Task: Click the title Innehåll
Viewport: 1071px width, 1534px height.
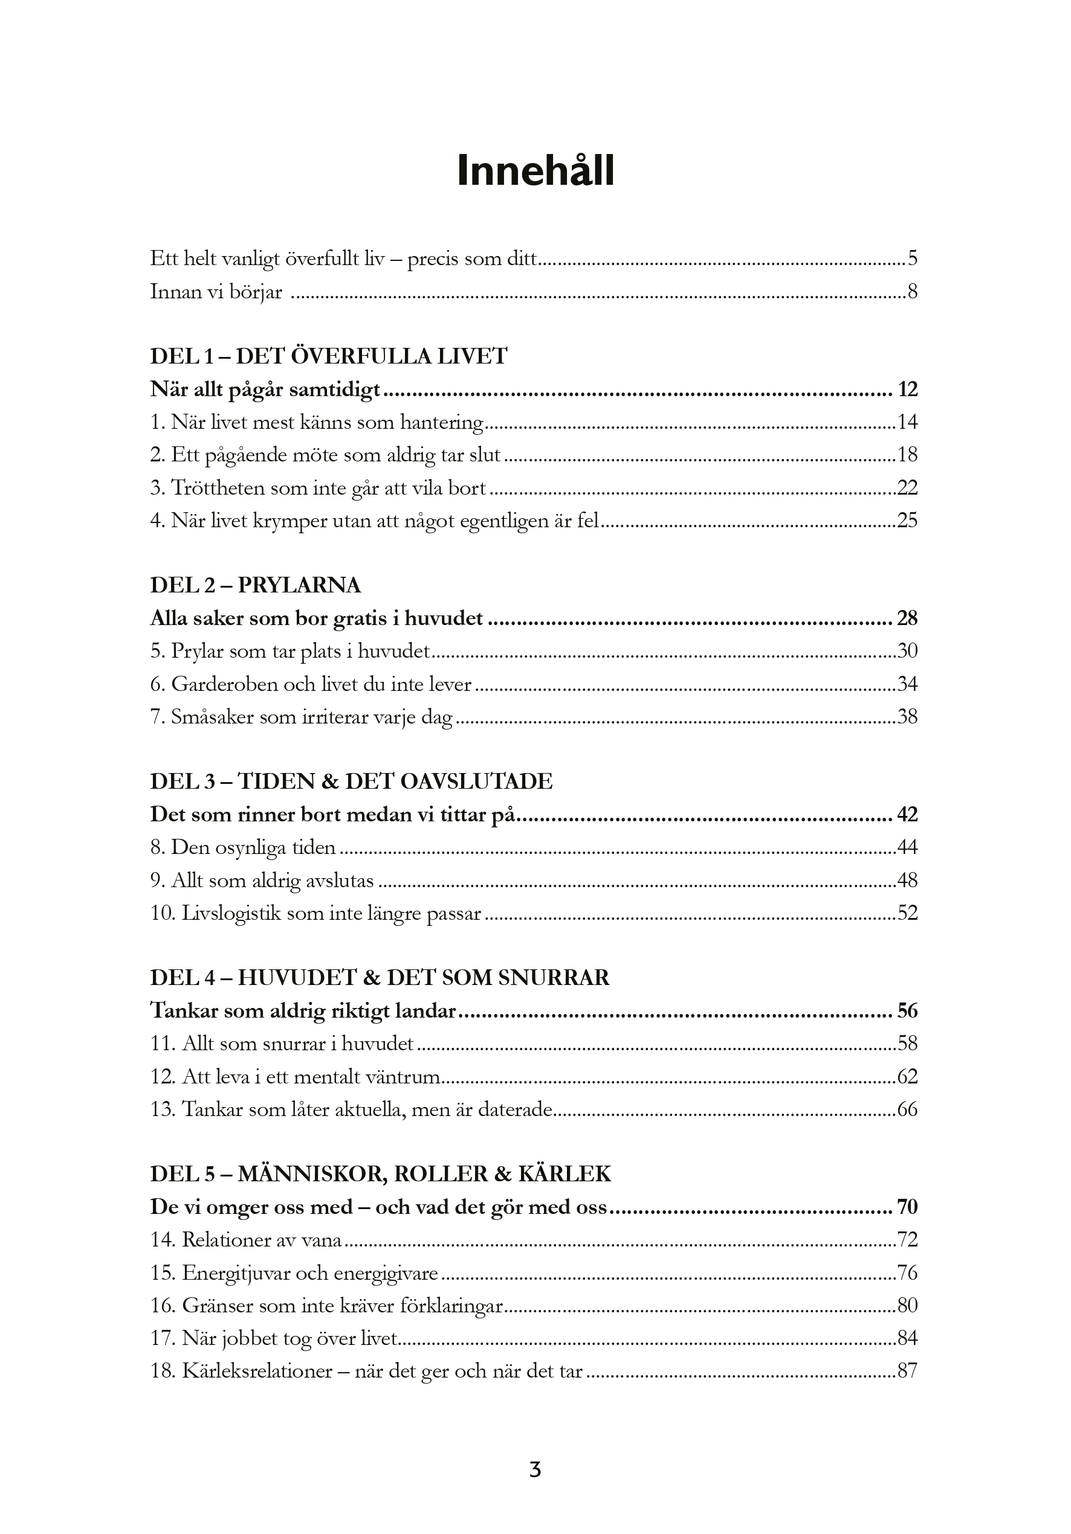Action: coord(535,171)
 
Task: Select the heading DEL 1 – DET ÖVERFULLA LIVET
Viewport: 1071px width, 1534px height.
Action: coord(328,356)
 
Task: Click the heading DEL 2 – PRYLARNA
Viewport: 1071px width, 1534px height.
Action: coord(256,585)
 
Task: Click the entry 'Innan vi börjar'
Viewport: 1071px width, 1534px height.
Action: coord(216,292)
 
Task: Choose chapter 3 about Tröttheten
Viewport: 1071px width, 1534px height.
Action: coord(319,488)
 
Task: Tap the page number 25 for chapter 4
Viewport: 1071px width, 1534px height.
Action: coord(907,521)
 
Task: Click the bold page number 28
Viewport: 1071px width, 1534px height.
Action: coord(907,618)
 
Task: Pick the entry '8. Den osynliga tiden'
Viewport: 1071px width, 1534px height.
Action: coord(243,848)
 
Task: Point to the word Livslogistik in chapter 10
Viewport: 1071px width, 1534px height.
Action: coord(231,913)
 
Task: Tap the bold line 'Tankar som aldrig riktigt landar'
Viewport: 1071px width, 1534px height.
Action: coord(303,1011)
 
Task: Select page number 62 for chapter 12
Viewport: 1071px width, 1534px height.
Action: coord(907,1076)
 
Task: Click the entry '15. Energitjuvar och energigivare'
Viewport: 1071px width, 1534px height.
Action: coord(294,1272)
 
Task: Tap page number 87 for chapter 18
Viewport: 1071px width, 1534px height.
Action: coord(907,1371)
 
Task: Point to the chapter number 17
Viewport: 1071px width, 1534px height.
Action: coord(162,1338)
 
